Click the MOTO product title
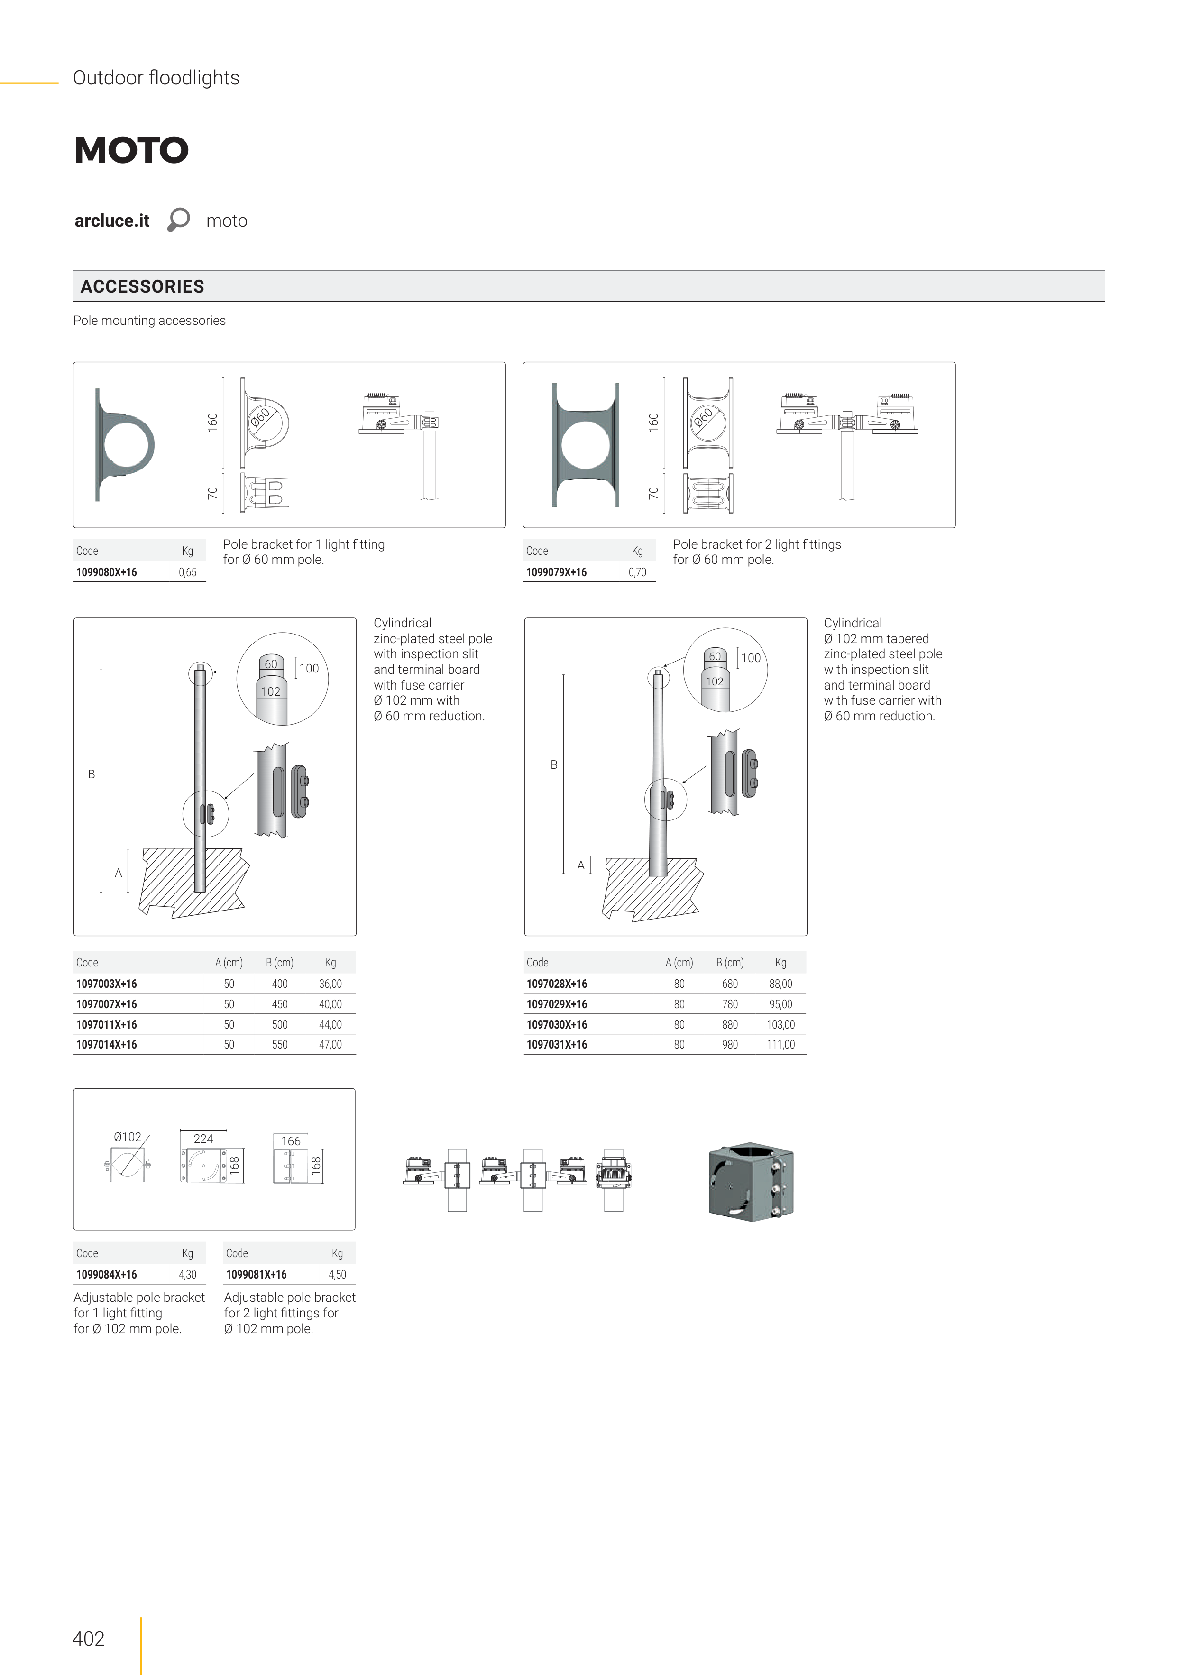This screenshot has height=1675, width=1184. point(131,150)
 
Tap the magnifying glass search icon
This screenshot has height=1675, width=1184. point(178,220)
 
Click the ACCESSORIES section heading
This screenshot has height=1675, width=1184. point(142,287)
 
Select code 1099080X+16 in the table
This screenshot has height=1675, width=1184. point(107,573)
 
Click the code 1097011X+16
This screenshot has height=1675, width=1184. point(107,1025)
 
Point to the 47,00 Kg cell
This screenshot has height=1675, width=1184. point(330,1045)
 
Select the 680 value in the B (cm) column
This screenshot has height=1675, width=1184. point(730,984)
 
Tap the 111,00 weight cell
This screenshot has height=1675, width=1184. point(780,1045)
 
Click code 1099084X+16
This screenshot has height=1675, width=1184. point(107,1275)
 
